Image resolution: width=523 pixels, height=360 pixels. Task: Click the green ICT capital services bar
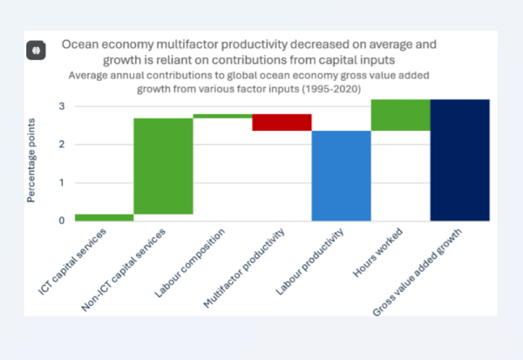104,217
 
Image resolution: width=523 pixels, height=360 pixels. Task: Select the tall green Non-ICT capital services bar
163,166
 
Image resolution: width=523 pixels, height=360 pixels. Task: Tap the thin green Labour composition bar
222,115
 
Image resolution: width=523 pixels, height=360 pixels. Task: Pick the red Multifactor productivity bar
282,122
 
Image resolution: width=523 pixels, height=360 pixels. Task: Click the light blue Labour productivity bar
341,175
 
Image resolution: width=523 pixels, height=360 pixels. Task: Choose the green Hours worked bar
400,115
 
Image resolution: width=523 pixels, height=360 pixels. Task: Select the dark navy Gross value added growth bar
459,160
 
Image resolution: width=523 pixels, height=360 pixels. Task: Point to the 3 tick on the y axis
62,106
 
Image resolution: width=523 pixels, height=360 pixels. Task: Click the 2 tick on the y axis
62,145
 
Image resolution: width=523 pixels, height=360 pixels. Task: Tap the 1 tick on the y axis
62,183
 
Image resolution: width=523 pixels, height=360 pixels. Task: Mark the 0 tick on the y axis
62,221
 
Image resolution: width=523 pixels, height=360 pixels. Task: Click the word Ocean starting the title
80,44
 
